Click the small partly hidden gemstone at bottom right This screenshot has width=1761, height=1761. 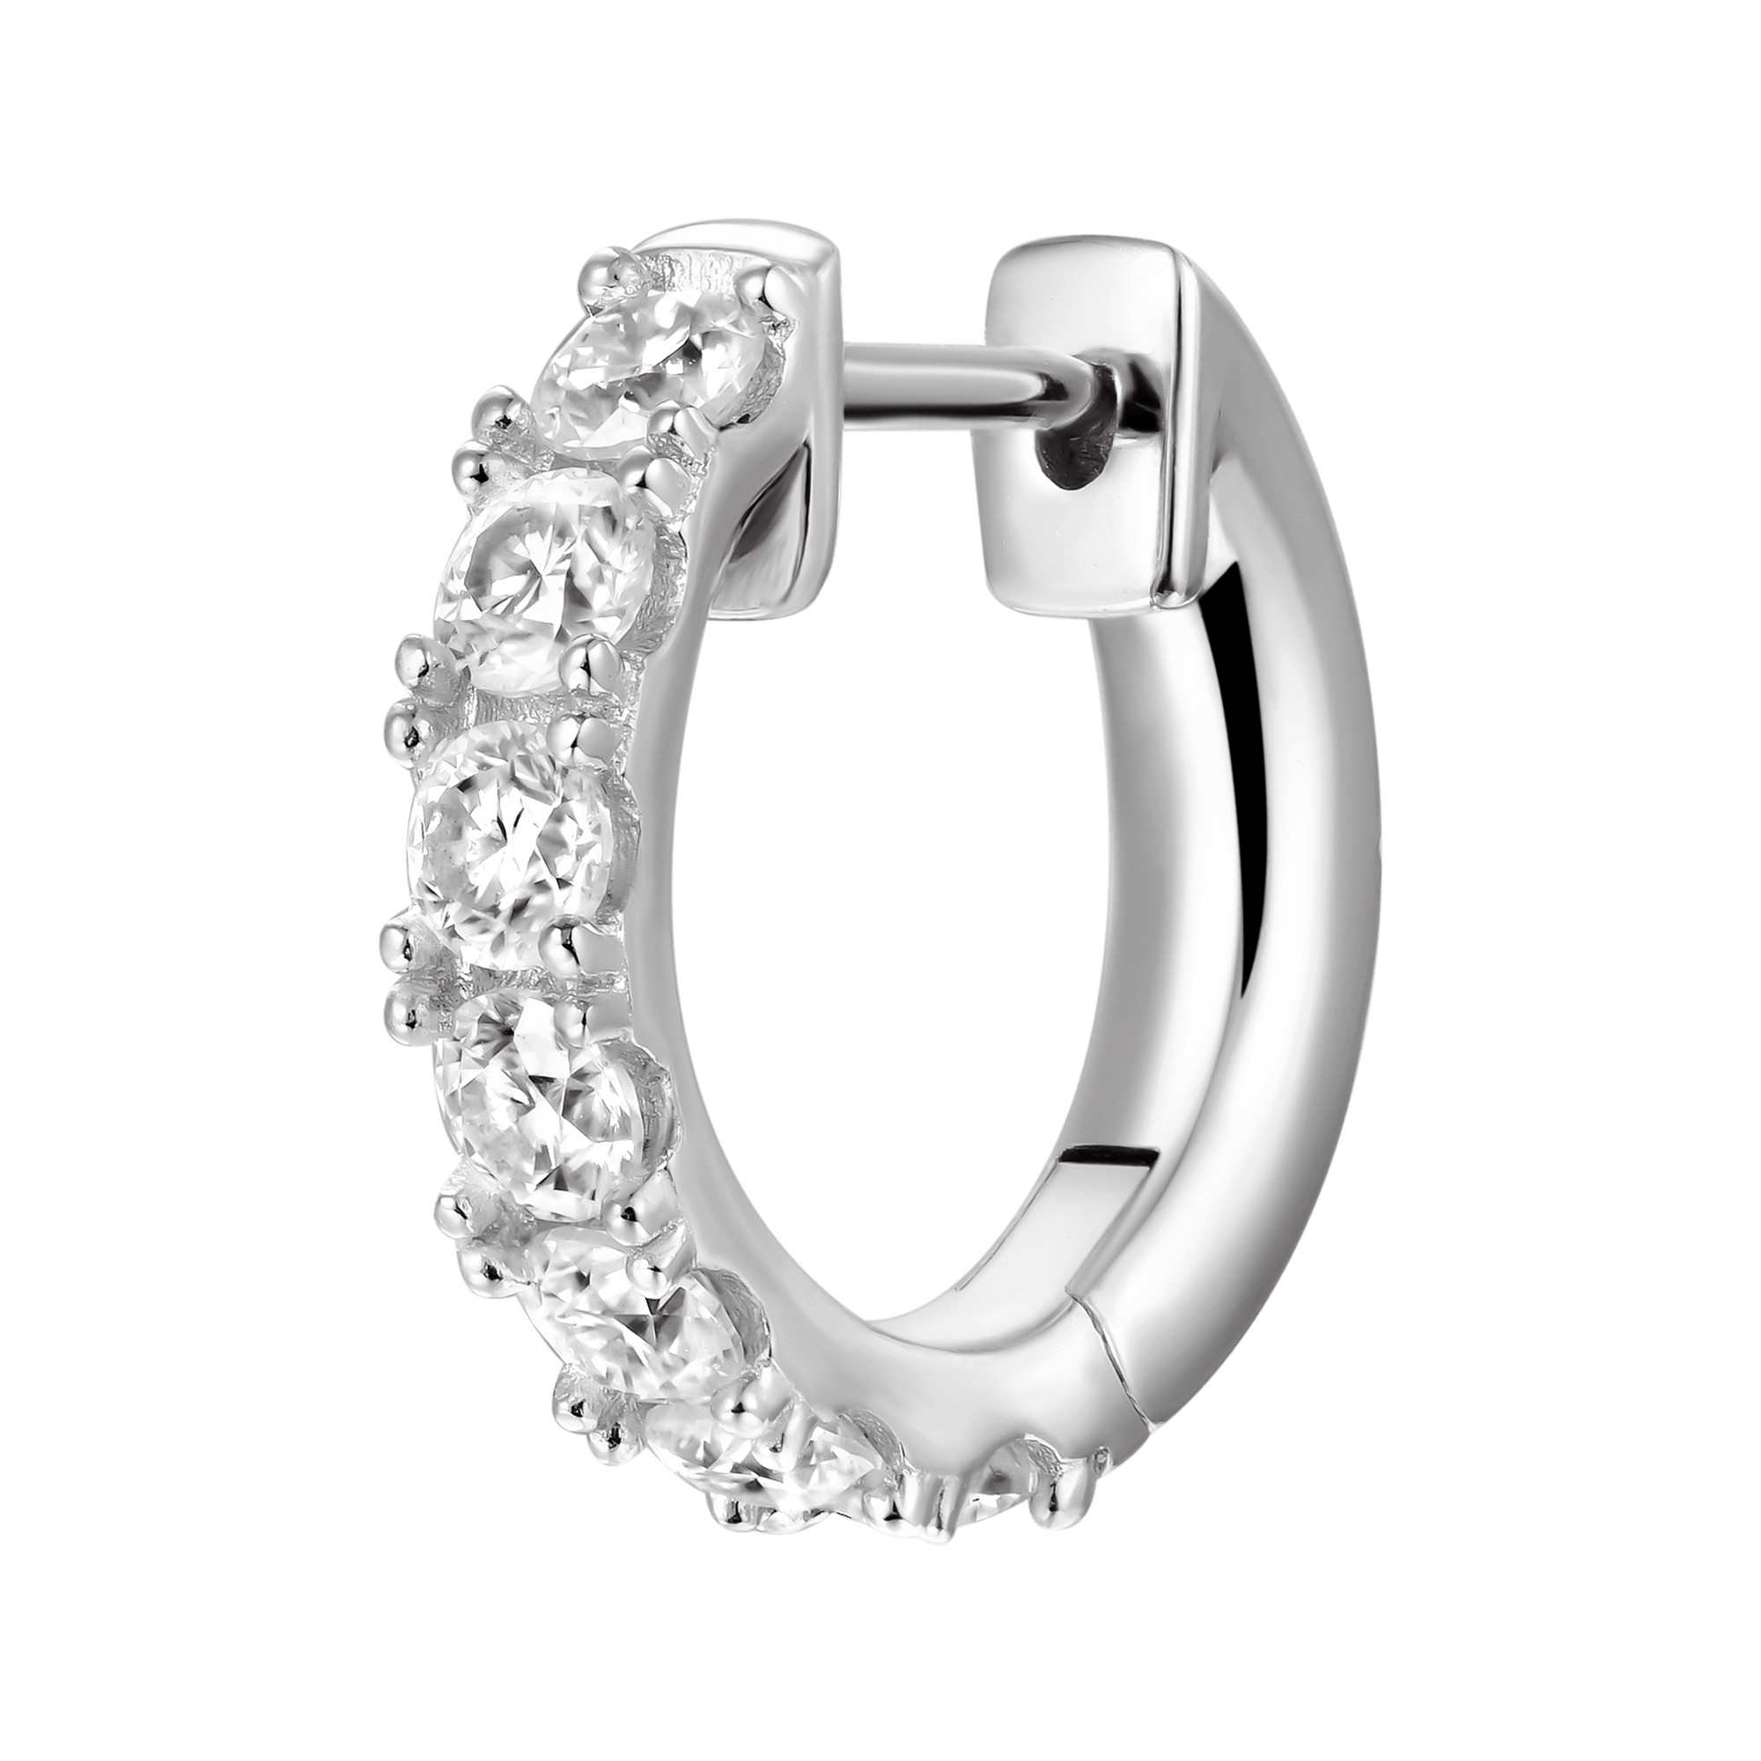point(1003,1499)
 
